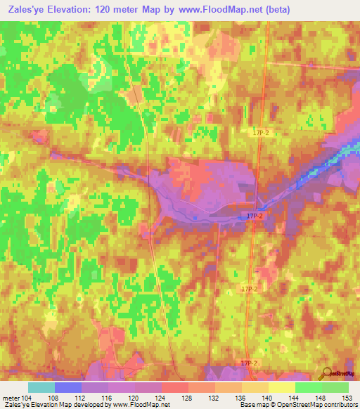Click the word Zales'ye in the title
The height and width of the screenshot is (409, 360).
[28, 10]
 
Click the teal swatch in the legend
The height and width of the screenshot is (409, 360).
[41, 387]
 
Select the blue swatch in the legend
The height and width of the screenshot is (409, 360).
[68, 387]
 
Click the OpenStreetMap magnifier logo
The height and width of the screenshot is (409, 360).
[326, 373]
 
